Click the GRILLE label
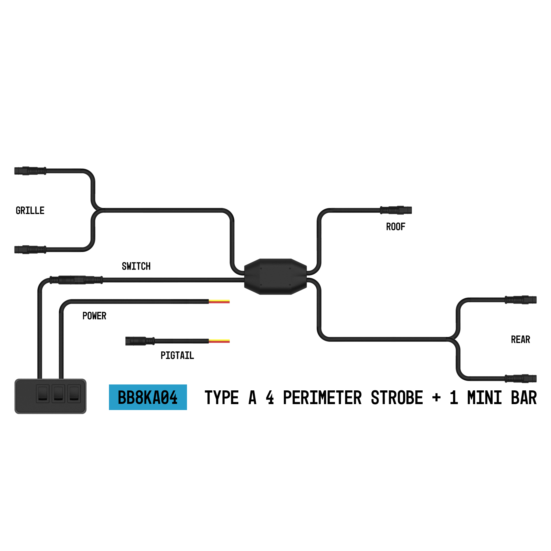click(x=30, y=211)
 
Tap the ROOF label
click(x=395, y=227)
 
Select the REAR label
click(x=520, y=340)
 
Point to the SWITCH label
click(x=136, y=266)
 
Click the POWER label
click(x=94, y=316)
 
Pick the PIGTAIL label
click(x=177, y=356)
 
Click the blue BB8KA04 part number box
click(x=148, y=397)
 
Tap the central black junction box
click(x=275, y=277)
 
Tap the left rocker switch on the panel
click(x=43, y=394)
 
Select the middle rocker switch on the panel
click(x=58, y=394)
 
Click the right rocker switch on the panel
click(x=74, y=394)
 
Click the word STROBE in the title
click(x=397, y=398)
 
